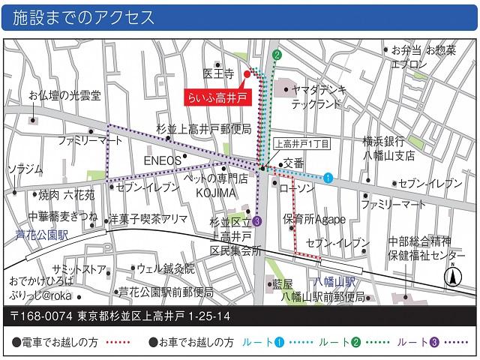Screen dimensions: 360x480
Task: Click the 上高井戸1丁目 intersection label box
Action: [x=301, y=142]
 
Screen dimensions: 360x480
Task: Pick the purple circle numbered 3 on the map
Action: [x=257, y=220]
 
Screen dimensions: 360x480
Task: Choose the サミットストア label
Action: [x=79, y=269]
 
